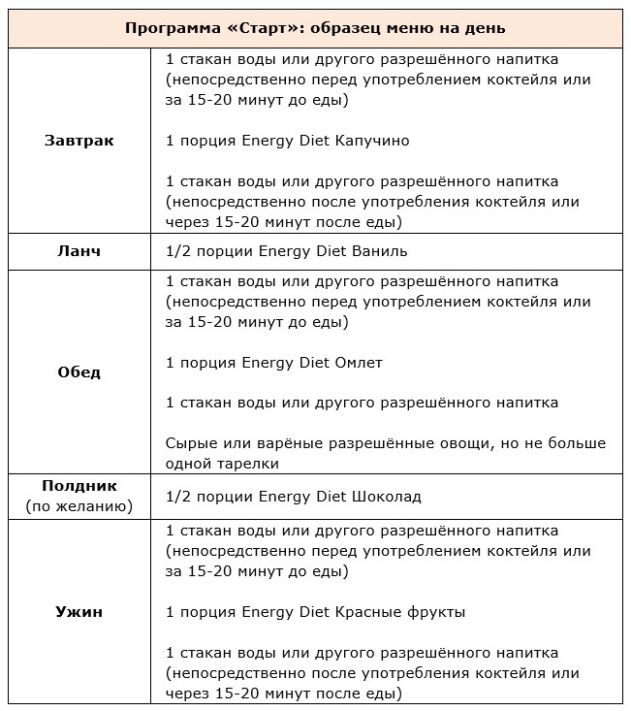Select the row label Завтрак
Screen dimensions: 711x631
click(79, 141)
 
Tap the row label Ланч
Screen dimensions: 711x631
click(79, 251)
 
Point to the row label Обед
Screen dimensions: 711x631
click(79, 372)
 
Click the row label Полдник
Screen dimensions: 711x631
click(79, 486)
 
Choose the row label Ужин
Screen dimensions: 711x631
click(79, 612)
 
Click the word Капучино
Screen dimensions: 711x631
click(371, 141)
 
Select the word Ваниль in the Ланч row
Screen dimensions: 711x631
click(380, 251)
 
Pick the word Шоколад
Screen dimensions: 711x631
click(387, 497)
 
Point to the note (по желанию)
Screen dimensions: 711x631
click(79, 506)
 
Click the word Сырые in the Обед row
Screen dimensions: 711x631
click(190, 443)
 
